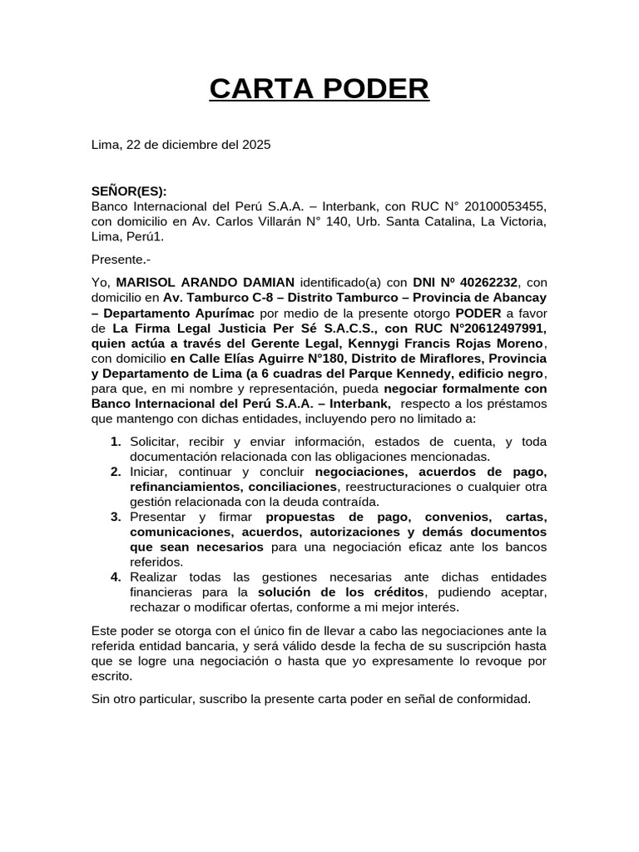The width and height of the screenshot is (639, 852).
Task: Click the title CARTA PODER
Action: coord(319,88)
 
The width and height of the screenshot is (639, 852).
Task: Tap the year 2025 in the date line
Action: coord(256,144)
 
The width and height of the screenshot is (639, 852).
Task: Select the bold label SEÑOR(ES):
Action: coord(129,191)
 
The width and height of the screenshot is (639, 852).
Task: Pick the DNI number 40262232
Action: coord(488,282)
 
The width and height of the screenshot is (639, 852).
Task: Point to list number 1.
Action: coord(116,442)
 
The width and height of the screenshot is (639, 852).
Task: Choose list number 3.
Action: coord(116,517)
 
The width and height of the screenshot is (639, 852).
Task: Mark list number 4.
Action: coord(116,577)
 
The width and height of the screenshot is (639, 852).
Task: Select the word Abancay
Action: coord(522,298)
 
